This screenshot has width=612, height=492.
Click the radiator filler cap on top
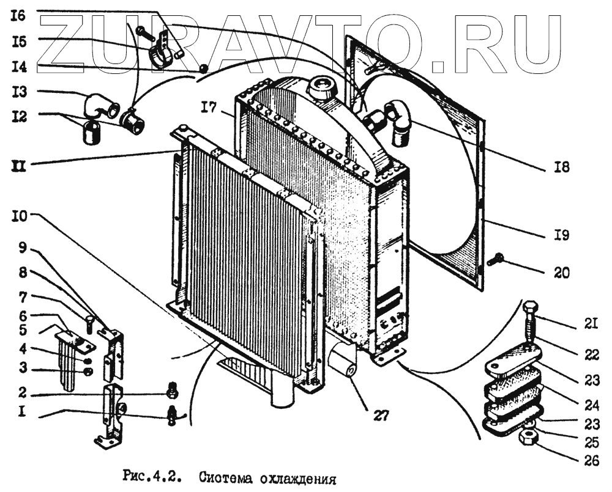[323, 90]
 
